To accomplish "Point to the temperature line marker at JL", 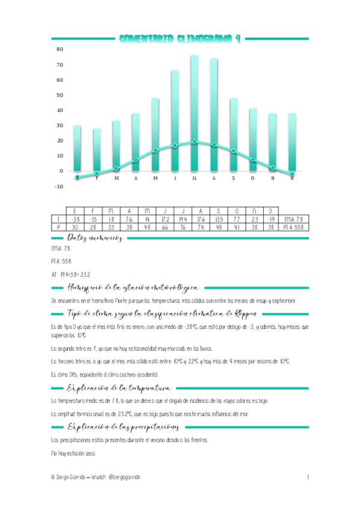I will (194, 142).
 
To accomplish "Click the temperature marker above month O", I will (253, 160).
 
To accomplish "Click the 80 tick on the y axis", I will (59, 49).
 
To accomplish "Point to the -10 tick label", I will (59, 186).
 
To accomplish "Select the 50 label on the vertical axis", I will (59, 94).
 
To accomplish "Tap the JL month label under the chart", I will (194, 178).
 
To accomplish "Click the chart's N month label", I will (272, 178).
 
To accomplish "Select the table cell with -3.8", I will (75, 220).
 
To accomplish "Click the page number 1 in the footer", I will (308, 477).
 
